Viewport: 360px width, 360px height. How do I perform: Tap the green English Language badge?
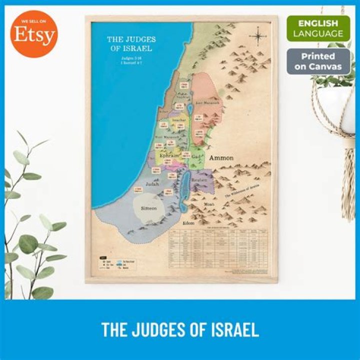point(318,28)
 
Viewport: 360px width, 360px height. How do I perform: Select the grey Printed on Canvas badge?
point(318,61)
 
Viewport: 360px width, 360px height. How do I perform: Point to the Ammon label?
point(221,158)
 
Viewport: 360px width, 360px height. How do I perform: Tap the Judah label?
point(152,184)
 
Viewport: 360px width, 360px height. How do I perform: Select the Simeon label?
point(149,207)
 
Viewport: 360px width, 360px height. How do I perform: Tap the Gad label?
point(196,156)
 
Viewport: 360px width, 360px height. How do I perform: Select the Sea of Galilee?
point(188,108)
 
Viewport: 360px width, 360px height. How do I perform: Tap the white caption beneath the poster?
point(180,329)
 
